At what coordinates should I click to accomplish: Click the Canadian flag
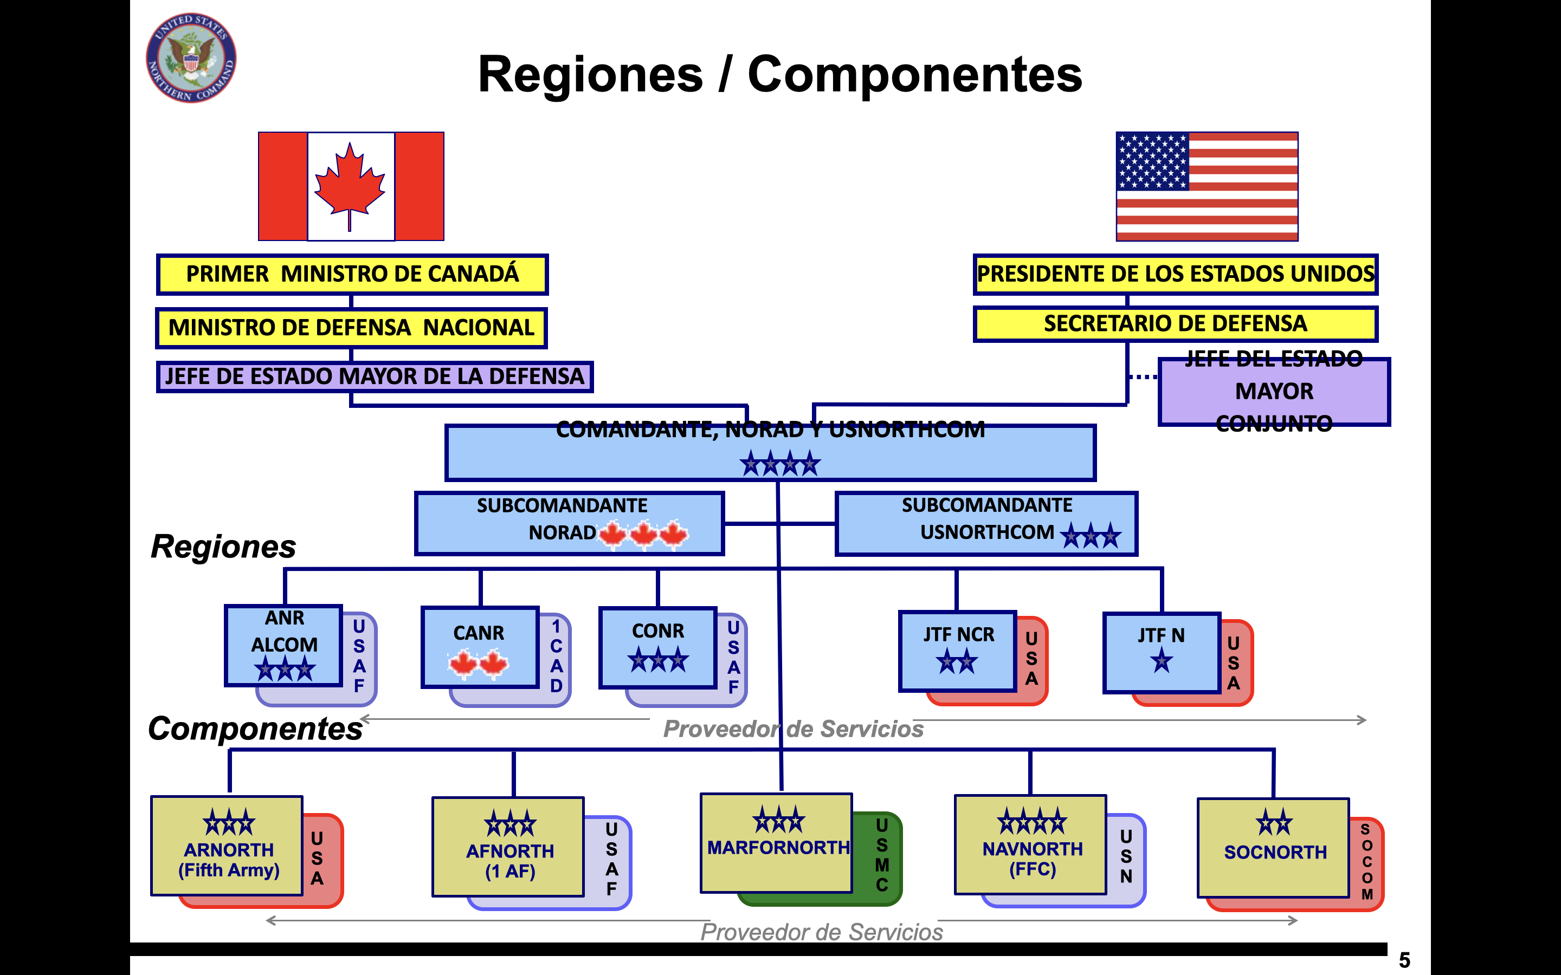(x=351, y=186)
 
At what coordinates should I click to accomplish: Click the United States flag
(x=1207, y=186)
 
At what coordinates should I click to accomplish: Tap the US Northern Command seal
(x=191, y=58)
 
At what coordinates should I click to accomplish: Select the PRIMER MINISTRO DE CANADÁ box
(x=352, y=274)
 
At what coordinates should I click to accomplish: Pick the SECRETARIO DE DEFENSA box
(x=1175, y=324)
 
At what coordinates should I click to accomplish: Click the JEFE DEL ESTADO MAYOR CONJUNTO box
(x=1273, y=392)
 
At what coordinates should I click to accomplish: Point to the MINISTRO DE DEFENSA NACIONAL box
(x=352, y=328)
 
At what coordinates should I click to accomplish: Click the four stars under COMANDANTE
(x=779, y=464)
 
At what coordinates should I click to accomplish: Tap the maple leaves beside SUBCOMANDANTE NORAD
(x=643, y=534)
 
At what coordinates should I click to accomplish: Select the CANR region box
(x=479, y=647)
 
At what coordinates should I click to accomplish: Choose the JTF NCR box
(x=957, y=651)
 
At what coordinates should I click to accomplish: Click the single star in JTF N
(x=1161, y=661)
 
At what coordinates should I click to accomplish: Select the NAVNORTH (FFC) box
(x=1031, y=845)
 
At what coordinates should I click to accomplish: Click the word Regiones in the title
(x=590, y=75)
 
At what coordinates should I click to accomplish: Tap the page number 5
(x=1404, y=960)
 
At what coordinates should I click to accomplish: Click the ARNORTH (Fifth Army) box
(x=228, y=846)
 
